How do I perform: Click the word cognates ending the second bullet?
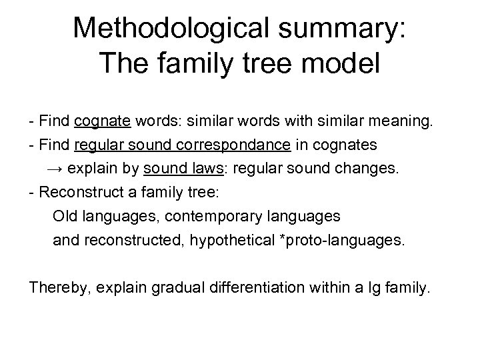tap(345, 145)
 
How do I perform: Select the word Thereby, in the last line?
tap(59, 288)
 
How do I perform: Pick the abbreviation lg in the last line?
tap(379, 288)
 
